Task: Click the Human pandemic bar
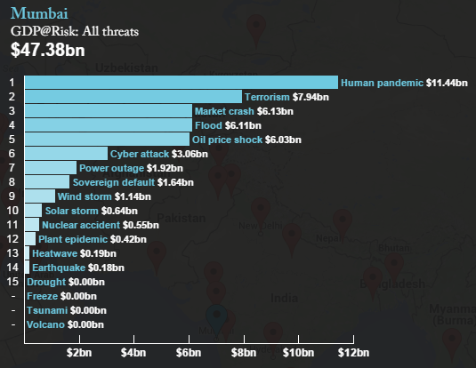click(x=182, y=82)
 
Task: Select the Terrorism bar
click(x=133, y=97)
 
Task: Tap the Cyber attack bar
click(x=66, y=153)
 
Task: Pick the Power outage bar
click(x=51, y=167)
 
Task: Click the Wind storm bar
click(x=40, y=196)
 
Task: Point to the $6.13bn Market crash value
click(x=275, y=111)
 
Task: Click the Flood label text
click(x=208, y=125)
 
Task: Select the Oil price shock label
click(x=227, y=140)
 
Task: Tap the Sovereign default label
click(x=114, y=182)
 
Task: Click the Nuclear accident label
click(x=81, y=225)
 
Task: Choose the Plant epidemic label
click(x=73, y=239)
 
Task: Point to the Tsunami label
click(x=47, y=310)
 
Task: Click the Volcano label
click(x=45, y=324)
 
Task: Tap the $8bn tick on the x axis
click(x=244, y=340)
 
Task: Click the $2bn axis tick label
click(x=79, y=353)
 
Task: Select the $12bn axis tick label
click(x=353, y=353)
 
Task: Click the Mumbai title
click(x=39, y=13)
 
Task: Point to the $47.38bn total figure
click(x=48, y=50)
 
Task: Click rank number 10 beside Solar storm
click(x=12, y=211)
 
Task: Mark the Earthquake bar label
click(x=59, y=268)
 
